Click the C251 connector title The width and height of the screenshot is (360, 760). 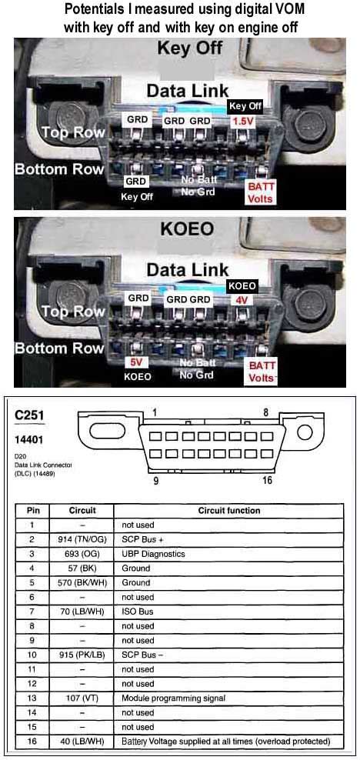coord(29,416)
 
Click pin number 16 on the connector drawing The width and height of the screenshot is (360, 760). coord(266,481)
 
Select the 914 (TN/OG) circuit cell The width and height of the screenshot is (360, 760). coord(82,538)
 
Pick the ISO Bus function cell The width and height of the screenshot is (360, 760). coord(137,612)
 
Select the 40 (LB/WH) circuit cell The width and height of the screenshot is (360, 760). coord(82,741)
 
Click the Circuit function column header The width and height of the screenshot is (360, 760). coord(228,510)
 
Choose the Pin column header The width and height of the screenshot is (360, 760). coord(33,510)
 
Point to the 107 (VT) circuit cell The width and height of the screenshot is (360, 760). coord(82,698)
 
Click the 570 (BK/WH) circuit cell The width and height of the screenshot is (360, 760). coord(82,582)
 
